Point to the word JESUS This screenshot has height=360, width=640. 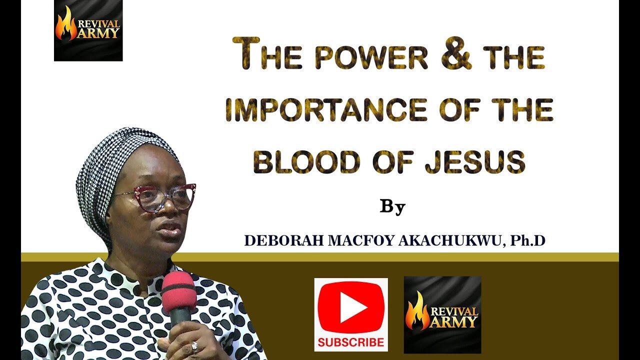coord(475,162)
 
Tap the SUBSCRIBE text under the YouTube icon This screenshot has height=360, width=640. coord(351,342)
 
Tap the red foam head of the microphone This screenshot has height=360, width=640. coord(178,290)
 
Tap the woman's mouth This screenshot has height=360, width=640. coord(170,228)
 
